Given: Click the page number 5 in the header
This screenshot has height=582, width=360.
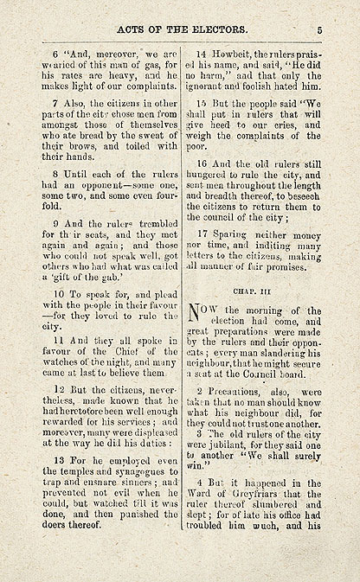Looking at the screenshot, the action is click(x=318, y=29).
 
